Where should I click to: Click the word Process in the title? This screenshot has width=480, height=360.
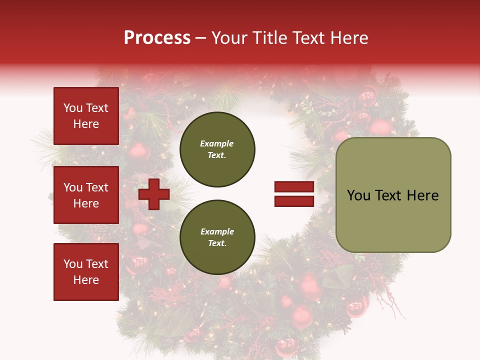pos(157,37)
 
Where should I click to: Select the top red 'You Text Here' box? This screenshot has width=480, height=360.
pos(86,116)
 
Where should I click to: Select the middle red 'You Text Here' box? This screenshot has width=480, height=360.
pos(86,195)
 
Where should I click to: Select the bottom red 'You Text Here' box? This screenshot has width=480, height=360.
pos(86,271)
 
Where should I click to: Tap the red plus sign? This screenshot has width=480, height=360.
pos(154,194)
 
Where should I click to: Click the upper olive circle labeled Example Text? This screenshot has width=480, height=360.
pos(217,149)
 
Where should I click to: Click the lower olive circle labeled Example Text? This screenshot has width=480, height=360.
pos(217,237)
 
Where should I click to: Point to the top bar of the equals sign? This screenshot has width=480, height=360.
pos(294,187)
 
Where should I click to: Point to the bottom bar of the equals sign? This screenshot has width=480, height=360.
pos(294,201)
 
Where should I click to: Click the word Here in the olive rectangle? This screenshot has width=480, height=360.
pos(422,195)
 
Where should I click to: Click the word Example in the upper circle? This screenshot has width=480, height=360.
pos(216,143)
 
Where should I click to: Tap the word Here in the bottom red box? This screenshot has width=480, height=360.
pos(86,280)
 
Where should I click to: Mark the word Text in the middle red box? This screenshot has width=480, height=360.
pos(97,187)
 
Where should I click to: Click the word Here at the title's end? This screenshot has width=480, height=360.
pos(349,37)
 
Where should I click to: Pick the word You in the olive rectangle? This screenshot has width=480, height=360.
pos(358,195)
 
